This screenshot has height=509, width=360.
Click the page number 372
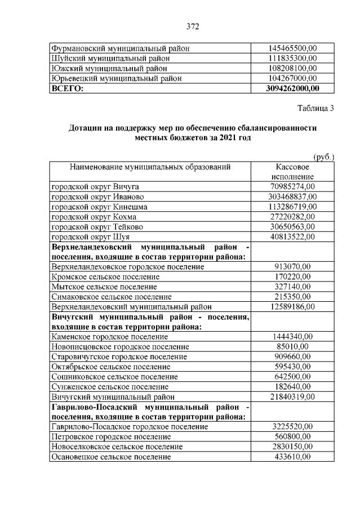(x=193, y=26)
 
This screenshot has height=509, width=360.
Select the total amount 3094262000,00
(x=292, y=88)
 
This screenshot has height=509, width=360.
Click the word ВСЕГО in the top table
(x=67, y=88)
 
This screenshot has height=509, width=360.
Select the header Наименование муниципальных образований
(x=150, y=167)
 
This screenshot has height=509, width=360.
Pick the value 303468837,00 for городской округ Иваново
(x=292, y=197)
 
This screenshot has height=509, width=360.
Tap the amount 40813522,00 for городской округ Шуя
(x=292, y=236)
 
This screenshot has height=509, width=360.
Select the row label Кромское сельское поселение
(x=105, y=277)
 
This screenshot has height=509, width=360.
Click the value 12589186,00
(x=292, y=307)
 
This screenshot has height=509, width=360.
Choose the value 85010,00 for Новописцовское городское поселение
(x=292, y=347)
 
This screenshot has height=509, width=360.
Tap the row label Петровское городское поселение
(x=111, y=437)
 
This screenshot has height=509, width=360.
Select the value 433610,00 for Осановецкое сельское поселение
(x=292, y=457)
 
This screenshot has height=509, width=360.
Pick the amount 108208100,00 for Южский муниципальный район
(x=292, y=68)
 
